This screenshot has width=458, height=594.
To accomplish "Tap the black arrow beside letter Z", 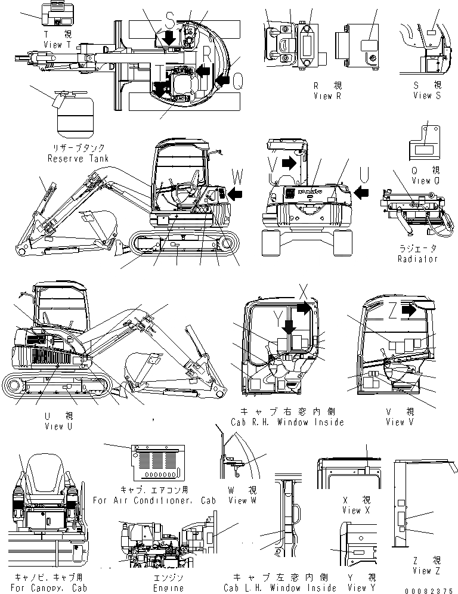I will pos(409,310).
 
